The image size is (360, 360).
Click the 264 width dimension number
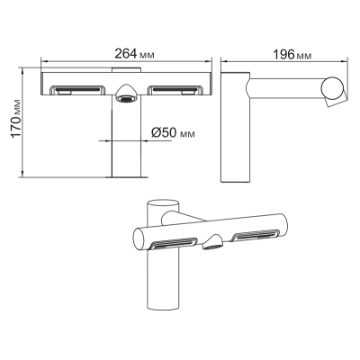pos(126,54)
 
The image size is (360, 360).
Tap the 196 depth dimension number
pos(283,55)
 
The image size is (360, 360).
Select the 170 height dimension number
pos(16,122)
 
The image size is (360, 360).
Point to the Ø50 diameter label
pos(164,132)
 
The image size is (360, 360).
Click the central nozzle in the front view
pos(126,94)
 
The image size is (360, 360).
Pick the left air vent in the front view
pos(77,90)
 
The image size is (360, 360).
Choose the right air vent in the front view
pos(175,90)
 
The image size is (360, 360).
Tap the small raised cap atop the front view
pos(126,70)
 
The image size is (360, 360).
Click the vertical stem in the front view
pos(126,137)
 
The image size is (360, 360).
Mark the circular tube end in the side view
pos(332,87)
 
